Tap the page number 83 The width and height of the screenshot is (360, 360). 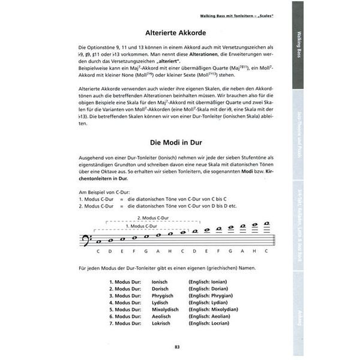tap(177, 346)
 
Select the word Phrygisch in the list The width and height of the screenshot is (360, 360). tap(164, 296)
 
